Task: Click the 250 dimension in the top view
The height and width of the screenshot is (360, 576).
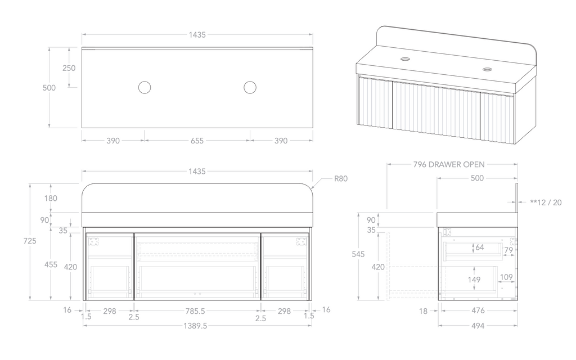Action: point(69,68)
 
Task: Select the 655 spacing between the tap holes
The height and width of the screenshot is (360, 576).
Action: point(197,141)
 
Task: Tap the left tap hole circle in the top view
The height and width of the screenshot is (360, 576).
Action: point(145,87)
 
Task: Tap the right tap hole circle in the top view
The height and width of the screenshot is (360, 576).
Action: point(250,87)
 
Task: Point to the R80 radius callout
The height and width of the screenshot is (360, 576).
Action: point(341,179)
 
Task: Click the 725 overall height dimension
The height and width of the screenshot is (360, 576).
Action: point(30,241)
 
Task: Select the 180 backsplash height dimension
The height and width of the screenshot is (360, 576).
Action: point(51,198)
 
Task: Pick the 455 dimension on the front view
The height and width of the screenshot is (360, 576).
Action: point(51,264)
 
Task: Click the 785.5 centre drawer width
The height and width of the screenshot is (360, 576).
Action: point(197,310)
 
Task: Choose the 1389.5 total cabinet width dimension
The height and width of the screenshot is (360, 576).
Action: point(197,326)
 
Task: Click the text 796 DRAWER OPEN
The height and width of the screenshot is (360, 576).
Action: point(448,165)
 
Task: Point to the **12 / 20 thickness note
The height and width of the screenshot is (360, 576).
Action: point(546,202)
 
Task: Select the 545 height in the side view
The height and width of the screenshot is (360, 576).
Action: point(358,254)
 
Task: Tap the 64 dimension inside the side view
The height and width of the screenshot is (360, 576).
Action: point(479,247)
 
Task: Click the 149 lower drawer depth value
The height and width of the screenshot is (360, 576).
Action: point(474,280)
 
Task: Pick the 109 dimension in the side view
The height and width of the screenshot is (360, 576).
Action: point(506,277)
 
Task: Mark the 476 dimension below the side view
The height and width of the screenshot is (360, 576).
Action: point(478,310)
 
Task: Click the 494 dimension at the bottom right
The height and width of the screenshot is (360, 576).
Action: point(478,326)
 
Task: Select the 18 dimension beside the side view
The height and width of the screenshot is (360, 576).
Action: point(424,310)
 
